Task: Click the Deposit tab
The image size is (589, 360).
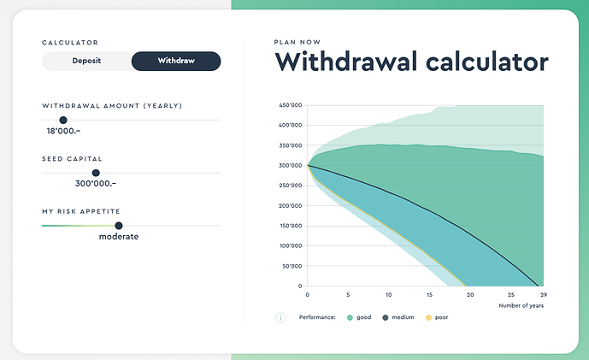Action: (86, 61)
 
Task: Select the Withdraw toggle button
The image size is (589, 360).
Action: (176, 61)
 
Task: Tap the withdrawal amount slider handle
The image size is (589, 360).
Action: (63, 121)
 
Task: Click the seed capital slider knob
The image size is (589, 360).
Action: (96, 173)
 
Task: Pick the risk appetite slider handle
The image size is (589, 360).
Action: (119, 226)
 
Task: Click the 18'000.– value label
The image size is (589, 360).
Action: (63, 132)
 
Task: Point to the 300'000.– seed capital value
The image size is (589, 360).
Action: (96, 184)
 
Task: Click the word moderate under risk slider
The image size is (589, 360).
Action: (119, 237)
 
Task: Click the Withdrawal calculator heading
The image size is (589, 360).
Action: (411, 62)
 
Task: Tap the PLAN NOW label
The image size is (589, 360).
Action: (297, 41)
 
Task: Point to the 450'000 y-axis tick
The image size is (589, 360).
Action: (291, 105)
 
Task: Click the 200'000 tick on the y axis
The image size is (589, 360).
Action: (291, 206)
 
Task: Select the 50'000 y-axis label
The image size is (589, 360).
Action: (292, 266)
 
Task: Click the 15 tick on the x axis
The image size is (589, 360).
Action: (429, 294)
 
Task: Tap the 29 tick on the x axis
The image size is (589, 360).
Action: (543, 294)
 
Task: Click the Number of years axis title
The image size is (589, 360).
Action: (521, 304)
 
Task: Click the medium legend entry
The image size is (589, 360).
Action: (398, 317)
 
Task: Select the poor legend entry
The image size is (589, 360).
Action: (436, 317)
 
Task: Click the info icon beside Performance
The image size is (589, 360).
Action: (280, 317)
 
